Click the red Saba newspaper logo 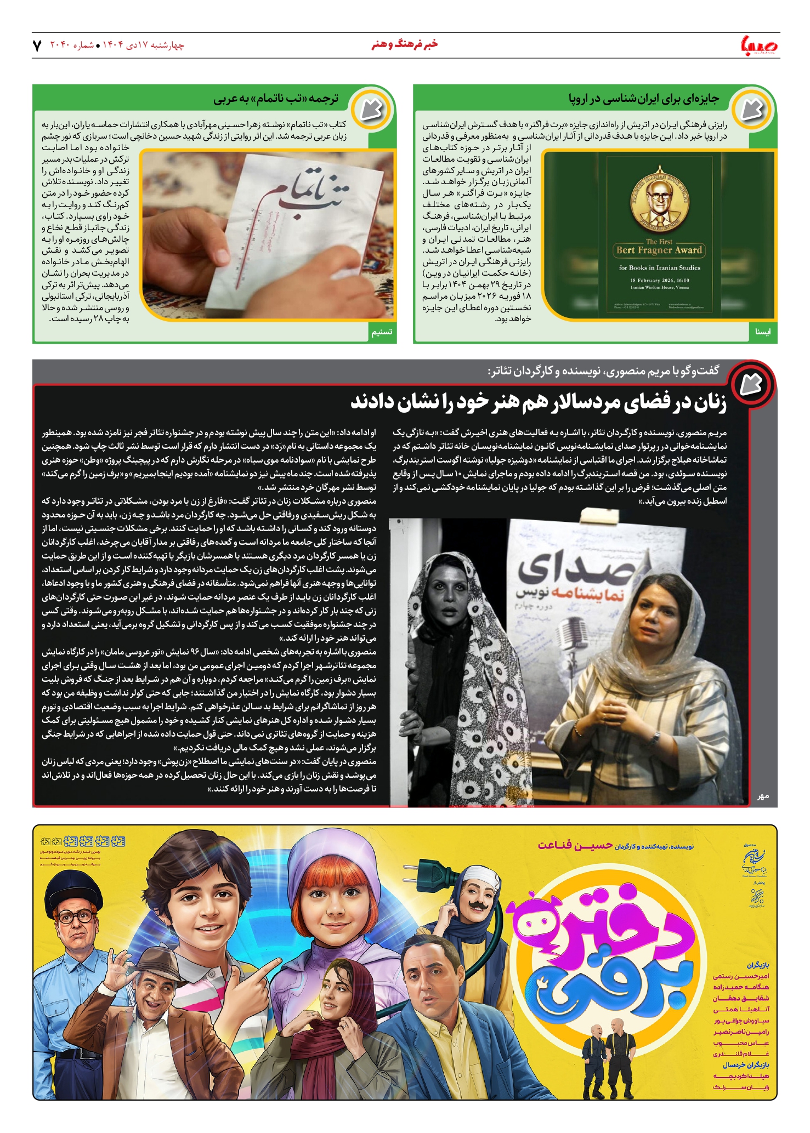759,45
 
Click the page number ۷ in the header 37,45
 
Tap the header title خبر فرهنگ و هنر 405,44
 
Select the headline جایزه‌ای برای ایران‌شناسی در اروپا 643,99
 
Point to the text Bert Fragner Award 659,250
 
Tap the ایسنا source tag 762,332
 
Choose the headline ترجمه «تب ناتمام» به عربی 276,99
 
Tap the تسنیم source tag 382,332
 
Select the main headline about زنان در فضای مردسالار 538,402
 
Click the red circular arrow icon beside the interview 752,384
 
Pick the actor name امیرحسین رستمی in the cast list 741,976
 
